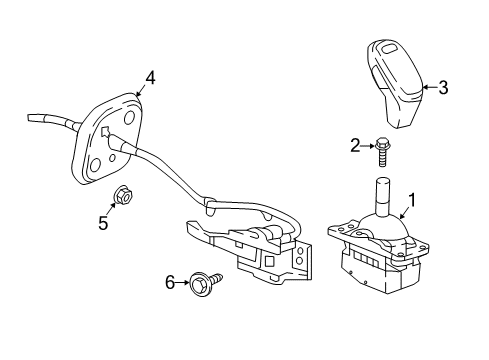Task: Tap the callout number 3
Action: pyautogui.click(x=442, y=88)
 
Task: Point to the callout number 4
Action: pyautogui.click(x=149, y=77)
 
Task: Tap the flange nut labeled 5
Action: pyautogui.click(x=119, y=196)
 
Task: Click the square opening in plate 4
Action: pyautogui.click(x=103, y=132)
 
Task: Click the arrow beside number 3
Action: pyautogui.click(x=428, y=88)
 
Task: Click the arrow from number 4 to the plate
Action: pyautogui.click(x=141, y=89)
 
